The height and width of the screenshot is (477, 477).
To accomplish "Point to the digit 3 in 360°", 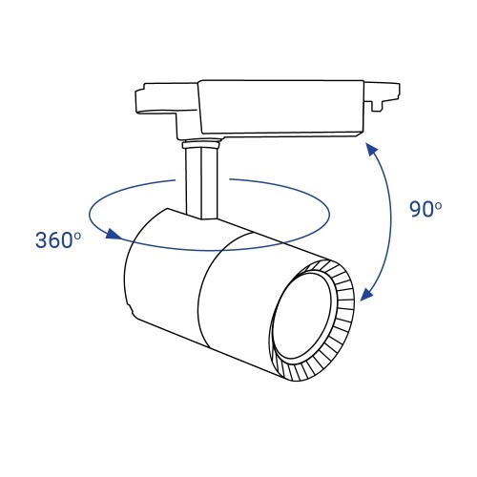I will click(x=43, y=240).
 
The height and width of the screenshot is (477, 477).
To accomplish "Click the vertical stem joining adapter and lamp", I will click(x=202, y=181).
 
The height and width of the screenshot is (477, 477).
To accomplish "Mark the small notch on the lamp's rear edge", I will click(x=131, y=307).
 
